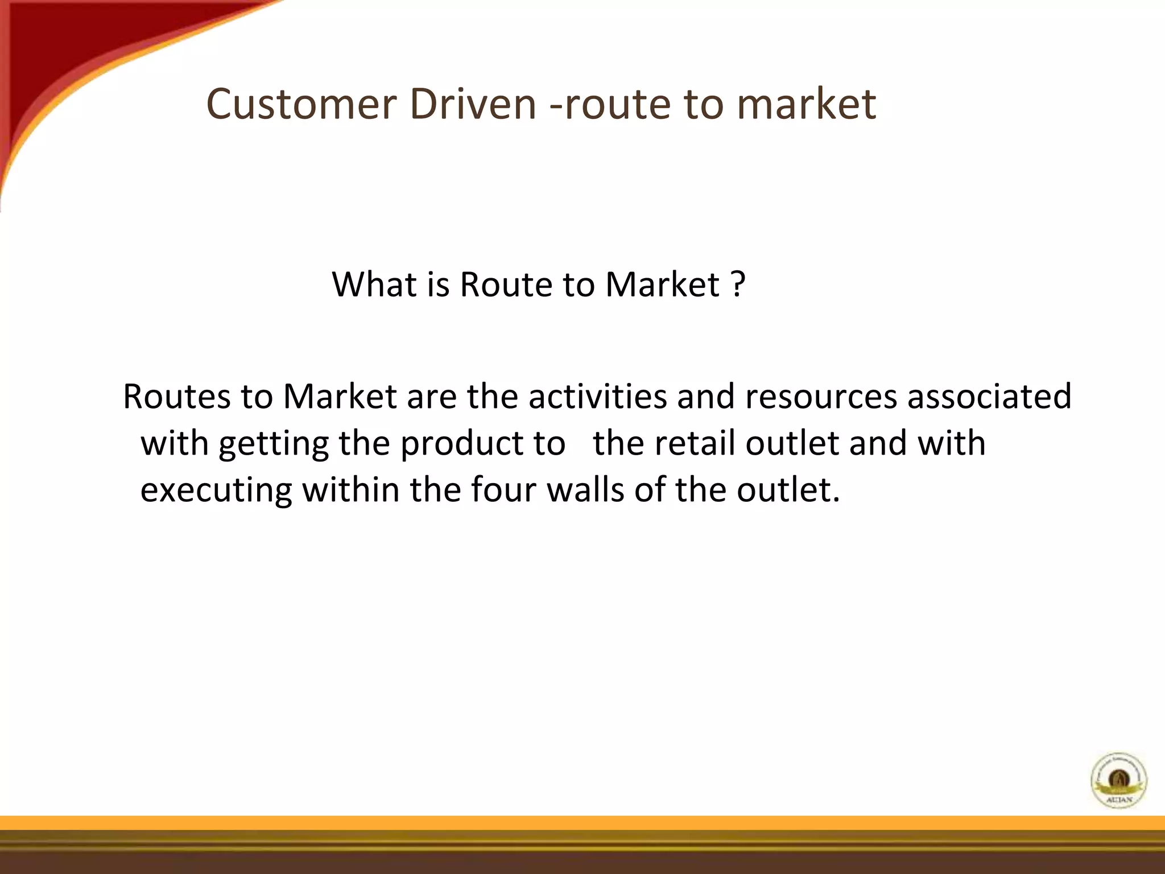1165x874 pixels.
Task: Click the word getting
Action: (x=274, y=443)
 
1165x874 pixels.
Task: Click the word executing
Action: (x=216, y=490)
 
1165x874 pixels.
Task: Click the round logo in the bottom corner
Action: (x=1118, y=780)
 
